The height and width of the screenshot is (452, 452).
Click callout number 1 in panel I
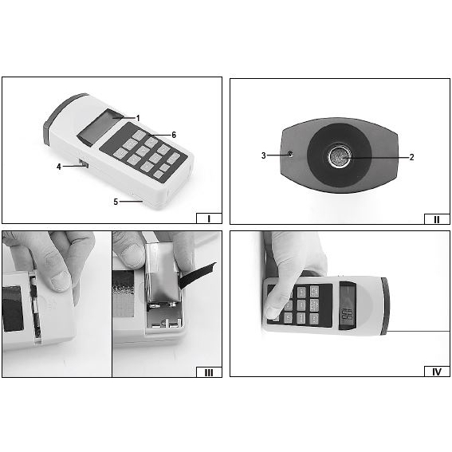pyautogui.click(x=138, y=118)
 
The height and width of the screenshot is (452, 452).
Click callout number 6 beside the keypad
pyautogui.click(x=174, y=135)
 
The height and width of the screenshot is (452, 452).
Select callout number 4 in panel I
pyautogui.click(x=59, y=167)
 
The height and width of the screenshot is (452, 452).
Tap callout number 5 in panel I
pyautogui.click(x=116, y=202)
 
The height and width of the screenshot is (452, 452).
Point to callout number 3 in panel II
pyautogui.click(x=264, y=155)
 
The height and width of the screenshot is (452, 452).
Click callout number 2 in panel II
pyautogui.click(x=411, y=157)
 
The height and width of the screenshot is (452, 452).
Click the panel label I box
pyautogui.click(x=209, y=218)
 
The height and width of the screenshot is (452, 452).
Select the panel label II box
pyautogui.click(x=437, y=219)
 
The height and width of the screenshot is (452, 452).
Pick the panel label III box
pyautogui.click(x=209, y=372)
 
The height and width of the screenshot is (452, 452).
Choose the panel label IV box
pyautogui.click(x=437, y=371)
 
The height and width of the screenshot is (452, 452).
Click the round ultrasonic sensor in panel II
pyautogui.click(x=340, y=156)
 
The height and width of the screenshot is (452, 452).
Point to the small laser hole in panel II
pyautogui.click(x=290, y=154)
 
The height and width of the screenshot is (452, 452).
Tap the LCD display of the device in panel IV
pyautogui.click(x=348, y=305)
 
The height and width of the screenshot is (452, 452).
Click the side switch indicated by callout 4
pyautogui.click(x=84, y=163)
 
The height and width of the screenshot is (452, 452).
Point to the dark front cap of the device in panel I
pyautogui.click(x=62, y=116)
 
